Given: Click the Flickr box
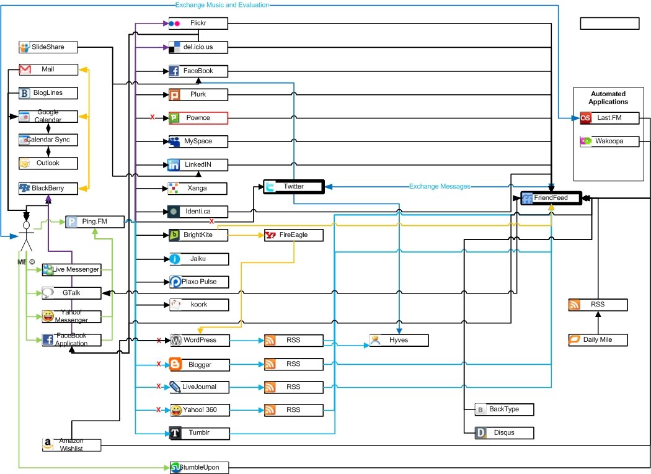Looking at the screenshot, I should coord(198,23).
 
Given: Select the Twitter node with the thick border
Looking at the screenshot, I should coord(293,187).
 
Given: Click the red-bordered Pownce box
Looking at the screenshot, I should coord(198,117).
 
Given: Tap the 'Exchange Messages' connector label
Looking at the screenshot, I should coord(440,186).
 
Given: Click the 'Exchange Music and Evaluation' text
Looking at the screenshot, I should coord(222,4).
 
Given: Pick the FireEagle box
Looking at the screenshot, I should coord(293,235).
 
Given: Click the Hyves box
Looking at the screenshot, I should coord(398,340).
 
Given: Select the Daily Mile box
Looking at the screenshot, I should coord(598,340).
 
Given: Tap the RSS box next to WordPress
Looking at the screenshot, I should coord(293,340).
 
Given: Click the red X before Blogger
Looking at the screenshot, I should coord(159,364).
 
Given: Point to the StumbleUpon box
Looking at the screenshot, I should coord(198,467).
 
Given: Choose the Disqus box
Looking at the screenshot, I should coord(503,432).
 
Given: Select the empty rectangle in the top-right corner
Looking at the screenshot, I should coord(609,24).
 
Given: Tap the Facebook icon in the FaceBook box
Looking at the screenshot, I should coord(175,71).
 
